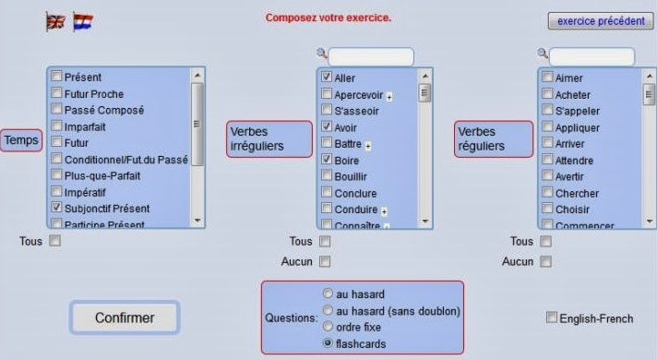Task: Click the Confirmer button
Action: click(125, 318)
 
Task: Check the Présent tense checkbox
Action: click(57, 78)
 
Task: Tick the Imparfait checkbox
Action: click(57, 126)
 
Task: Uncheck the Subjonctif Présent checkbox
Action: click(57, 208)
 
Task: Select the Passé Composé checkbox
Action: click(57, 110)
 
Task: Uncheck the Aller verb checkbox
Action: click(327, 78)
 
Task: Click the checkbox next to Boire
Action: click(327, 160)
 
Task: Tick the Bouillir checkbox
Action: click(327, 176)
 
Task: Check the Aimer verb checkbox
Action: click(548, 78)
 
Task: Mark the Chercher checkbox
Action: click(548, 193)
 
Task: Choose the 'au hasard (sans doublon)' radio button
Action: click(328, 310)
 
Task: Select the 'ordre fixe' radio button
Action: click(328, 327)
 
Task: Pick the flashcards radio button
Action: click(328, 343)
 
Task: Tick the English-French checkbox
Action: click(553, 318)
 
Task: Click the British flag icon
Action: click(54, 21)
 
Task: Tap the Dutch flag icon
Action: click(83, 21)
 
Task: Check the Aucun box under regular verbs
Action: click(546, 261)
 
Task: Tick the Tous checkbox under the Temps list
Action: click(54, 241)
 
